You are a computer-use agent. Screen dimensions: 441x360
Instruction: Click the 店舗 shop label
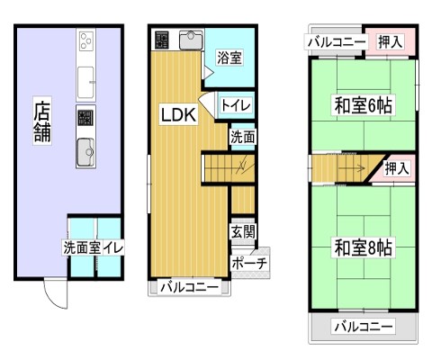point(42,121)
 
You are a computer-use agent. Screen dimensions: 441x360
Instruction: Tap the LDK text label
point(178,115)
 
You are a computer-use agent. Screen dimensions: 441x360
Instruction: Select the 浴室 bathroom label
point(229,58)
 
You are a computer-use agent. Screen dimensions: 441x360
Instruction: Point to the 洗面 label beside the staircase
point(242,137)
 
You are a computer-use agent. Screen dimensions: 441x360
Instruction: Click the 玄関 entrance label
point(243,231)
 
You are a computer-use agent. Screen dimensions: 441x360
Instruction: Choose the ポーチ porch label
point(249,264)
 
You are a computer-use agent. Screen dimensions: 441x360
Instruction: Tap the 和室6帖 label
point(363,105)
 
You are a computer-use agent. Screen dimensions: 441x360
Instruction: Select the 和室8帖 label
point(363,247)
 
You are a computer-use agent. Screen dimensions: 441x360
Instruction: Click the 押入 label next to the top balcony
point(390,41)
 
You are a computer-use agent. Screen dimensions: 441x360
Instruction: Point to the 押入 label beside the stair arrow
point(397,168)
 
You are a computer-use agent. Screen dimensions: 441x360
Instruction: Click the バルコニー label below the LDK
point(190,288)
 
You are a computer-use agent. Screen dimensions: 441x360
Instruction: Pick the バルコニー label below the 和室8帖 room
point(364,326)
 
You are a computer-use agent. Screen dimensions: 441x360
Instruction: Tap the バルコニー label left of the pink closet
point(337,42)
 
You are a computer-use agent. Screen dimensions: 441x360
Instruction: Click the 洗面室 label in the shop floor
point(82,247)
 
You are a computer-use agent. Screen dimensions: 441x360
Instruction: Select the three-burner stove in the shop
point(86,40)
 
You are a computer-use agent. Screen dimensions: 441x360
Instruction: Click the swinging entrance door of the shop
point(56,293)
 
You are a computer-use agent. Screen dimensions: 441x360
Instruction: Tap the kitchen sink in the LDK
point(191,40)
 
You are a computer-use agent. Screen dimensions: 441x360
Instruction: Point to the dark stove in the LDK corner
point(162,40)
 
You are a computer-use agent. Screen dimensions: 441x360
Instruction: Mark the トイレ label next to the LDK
point(236,105)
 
